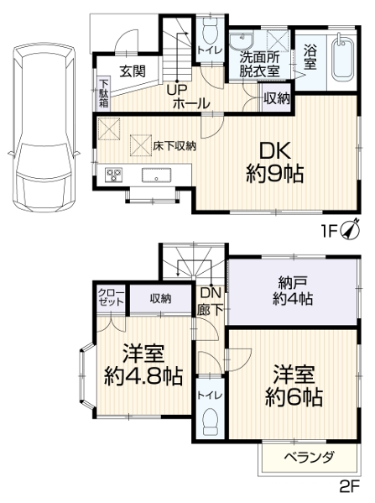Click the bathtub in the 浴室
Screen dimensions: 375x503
pos(342,59)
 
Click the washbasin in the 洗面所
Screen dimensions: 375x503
pos(242,40)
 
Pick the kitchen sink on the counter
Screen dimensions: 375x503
pos(156,176)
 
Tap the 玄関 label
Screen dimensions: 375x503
pos(133,71)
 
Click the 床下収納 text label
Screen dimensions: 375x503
pos(174,146)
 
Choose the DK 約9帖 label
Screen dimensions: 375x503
pos(275,162)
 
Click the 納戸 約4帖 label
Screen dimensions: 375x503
pos(293,291)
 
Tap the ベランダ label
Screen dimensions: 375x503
pos(310,457)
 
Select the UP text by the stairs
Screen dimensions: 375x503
pos(177,91)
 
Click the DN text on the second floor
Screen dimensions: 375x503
pos(211,292)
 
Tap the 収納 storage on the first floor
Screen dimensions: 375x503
pos(277,98)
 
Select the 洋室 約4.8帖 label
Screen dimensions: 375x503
pos(143,364)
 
